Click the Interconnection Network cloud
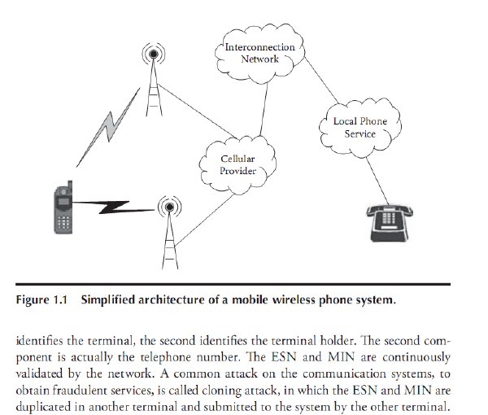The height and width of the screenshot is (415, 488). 260,54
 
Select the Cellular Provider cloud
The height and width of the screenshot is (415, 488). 237,165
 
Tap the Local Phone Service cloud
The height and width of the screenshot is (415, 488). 360,128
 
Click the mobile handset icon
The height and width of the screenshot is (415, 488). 63,207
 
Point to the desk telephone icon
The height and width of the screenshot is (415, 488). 390,223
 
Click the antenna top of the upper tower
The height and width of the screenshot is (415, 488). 154,55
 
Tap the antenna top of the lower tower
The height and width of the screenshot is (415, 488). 170,207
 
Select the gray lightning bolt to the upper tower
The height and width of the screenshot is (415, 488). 108,128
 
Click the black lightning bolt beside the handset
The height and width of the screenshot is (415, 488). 113,207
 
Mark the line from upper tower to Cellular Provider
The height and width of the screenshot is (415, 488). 198,111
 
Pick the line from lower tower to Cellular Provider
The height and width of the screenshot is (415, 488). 204,221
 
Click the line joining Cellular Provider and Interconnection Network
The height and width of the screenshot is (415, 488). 264,110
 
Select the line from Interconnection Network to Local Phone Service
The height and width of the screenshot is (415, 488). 321,81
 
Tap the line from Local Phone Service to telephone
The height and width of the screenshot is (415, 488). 377,181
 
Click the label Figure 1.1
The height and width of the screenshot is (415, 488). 41,299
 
